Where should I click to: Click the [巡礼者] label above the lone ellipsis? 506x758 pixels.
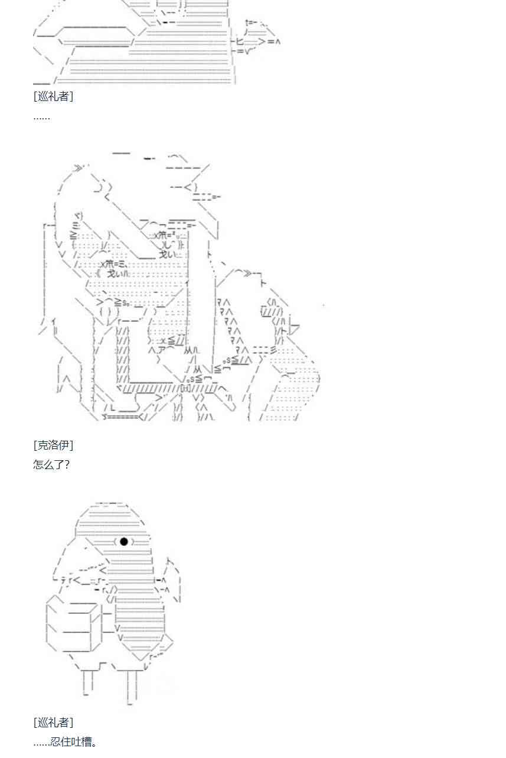53,96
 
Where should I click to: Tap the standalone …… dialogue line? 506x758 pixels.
41,116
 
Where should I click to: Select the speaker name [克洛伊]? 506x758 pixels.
53,445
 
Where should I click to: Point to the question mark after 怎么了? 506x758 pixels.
66,464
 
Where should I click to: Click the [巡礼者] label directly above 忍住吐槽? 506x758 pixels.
53,722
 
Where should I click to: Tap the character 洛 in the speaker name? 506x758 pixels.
53,445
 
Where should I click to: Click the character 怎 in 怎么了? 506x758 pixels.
38,464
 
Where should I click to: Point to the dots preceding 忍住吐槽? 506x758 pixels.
41,743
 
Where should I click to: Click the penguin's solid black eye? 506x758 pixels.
123,541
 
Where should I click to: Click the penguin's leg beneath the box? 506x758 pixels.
88,682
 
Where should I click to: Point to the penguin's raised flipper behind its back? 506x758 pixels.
172,576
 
